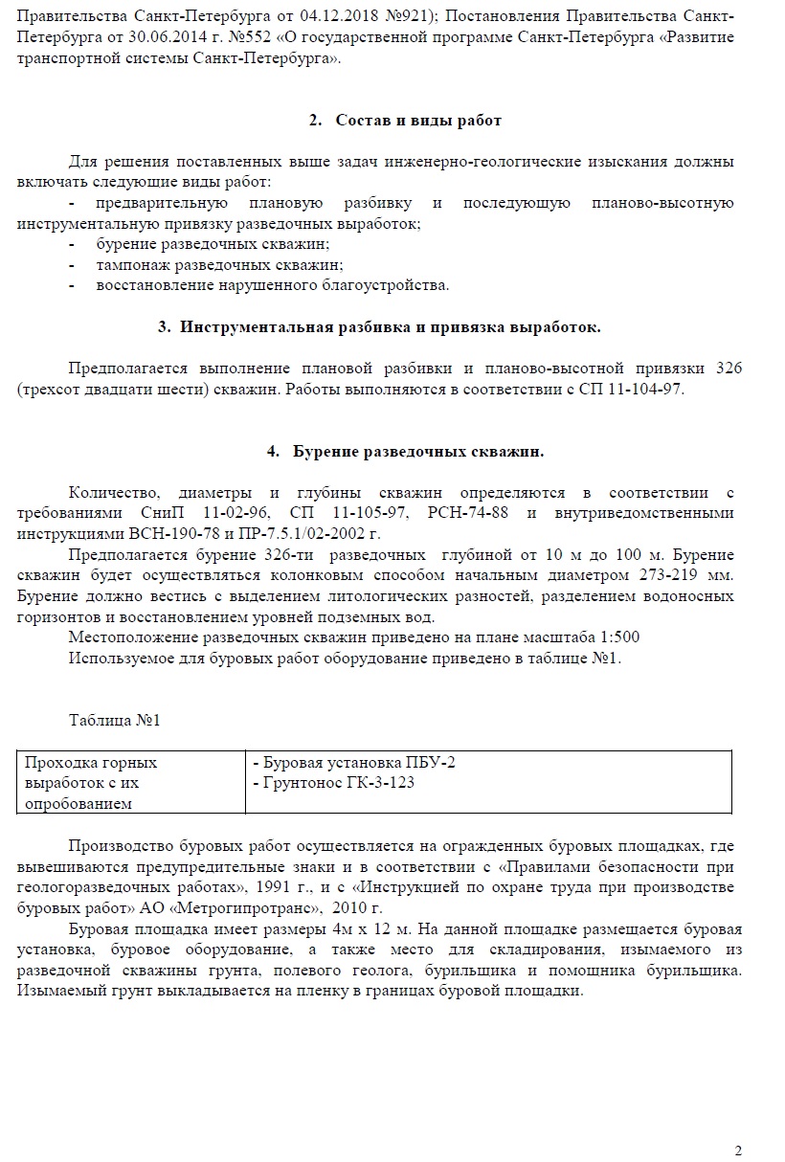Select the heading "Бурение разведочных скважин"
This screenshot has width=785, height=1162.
tap(418, 451)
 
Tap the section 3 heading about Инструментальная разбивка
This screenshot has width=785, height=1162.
tap(380, 327)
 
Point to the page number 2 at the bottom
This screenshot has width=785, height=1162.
tap(738, 1150)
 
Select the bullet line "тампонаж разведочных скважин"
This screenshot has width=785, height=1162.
tap(219, 265)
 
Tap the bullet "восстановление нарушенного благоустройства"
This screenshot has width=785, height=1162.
tap(272, 285)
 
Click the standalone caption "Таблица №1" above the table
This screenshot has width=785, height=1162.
tap(114, 721)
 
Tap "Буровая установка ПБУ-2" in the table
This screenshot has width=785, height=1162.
tap(354, 763)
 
